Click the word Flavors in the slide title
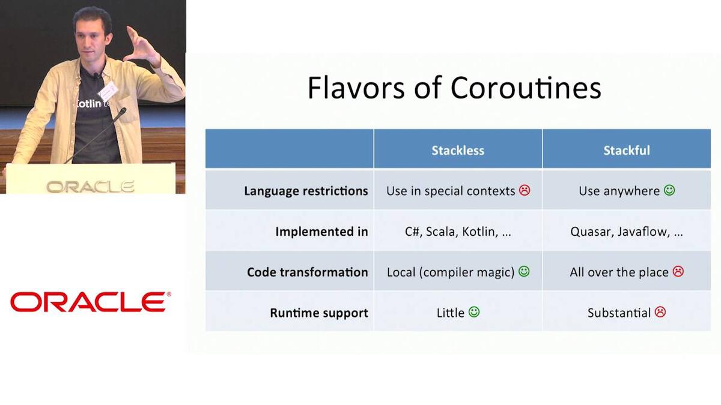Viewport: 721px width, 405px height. click(x=356, y=88)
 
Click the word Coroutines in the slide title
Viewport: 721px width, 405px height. click(x=526, y=88)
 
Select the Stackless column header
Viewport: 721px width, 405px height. click(x=458, y=151)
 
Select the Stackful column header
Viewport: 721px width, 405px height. click(x=626, y=151)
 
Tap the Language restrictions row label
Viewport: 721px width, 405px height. click(x=306, y=191)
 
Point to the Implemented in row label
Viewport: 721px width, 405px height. click(x=321, y=232)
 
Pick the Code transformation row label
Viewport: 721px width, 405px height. click(x=308, y=272)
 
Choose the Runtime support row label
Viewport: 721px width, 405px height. click(x=318, y=313)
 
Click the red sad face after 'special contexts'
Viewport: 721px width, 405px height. click(x=525, y=190)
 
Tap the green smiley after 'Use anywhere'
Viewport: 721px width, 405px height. click(x=669, y=190)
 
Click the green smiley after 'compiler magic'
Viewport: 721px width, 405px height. click(x=524, y=272)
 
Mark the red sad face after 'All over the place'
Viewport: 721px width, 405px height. click(x=678, y=272)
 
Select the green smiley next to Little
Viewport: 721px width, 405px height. click(x=474, y=312)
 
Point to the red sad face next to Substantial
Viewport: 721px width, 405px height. click(x=660, y=312)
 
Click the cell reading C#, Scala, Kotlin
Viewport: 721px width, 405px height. click(x=458, y=232)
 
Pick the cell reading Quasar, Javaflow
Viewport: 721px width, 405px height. click(x=626, y=232)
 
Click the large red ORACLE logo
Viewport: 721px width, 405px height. click(x=91, y=302)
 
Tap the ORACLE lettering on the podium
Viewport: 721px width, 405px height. click(x=91, y=187)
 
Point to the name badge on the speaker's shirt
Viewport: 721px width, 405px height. click(x=108, y=91)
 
